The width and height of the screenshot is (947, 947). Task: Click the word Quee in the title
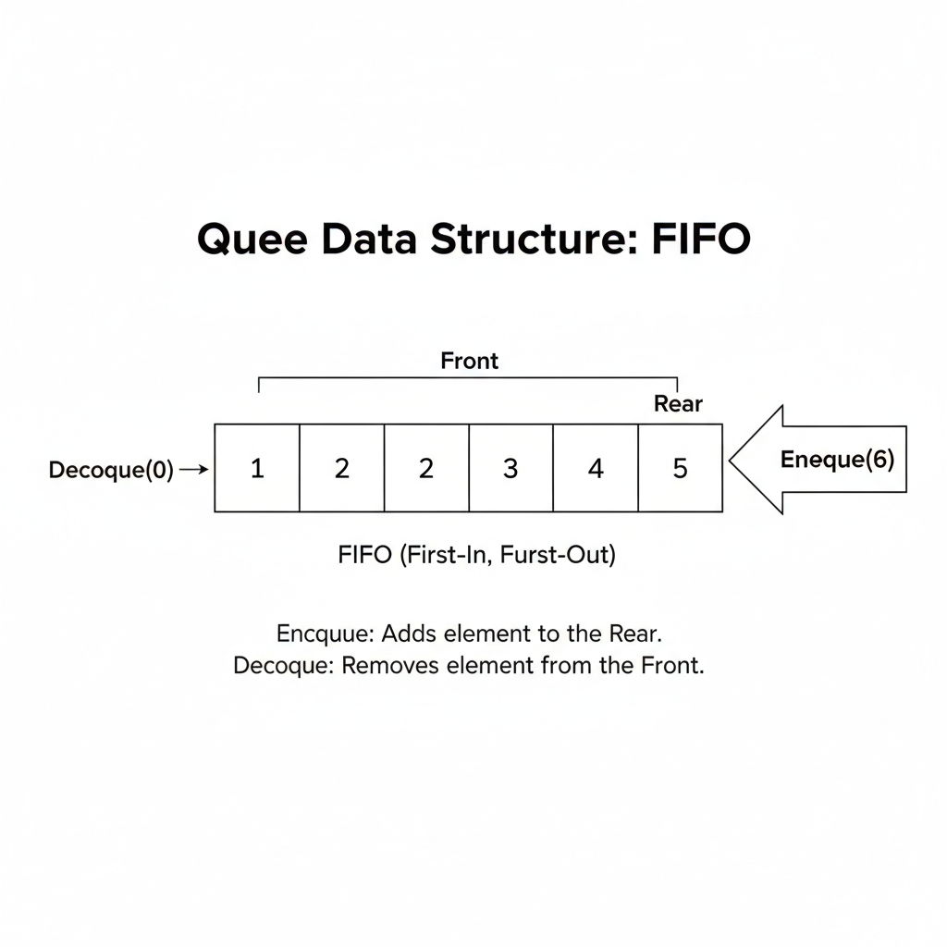pyautogui.click(x=252, y=240)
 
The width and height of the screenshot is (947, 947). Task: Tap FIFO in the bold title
pyautogui.click(x=701, y=239)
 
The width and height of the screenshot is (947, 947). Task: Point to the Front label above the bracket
pyautogui.click(x=469, y=361)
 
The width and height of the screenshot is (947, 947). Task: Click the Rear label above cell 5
pyautogui.click(x=678, y=403)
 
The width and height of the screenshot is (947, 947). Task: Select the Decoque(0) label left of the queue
pyautogui.click(x=111, y=470)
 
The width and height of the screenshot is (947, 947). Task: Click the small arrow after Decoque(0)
pyautogui.click(x=194, y=469)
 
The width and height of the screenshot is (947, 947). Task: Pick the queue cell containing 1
pyautogui.click(x=257, y=468)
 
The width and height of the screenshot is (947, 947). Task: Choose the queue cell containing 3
pyautogui.click(x=510, y=468)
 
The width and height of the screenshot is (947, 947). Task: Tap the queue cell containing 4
pyautogui.click(x=596, y=468)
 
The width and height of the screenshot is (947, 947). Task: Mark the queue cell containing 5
pyautogui.click(x=680, y=468)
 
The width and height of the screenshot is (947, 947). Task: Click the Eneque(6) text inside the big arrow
pyautogui.click(x=837, y=460)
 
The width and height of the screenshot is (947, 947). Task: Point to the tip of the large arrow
pyautogui.click(x=730, y=461)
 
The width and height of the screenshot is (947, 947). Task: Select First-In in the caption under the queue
pyautogui.click(x=443, y=555)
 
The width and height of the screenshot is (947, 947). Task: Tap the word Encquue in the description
pyautogui.click(x=326, y=634)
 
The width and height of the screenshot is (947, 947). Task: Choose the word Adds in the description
pyautogui.click(x=410, y=633)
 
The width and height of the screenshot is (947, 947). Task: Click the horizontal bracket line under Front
pyautogui.click(x=468, y=378)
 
